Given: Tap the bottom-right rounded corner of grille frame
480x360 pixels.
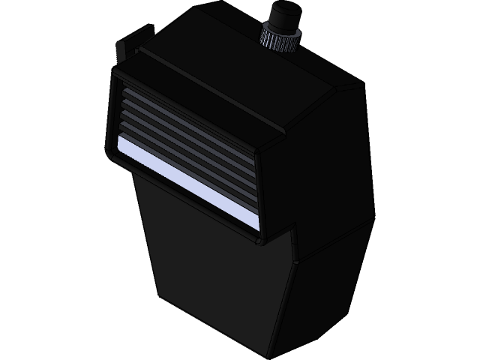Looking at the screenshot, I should point(259,238).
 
